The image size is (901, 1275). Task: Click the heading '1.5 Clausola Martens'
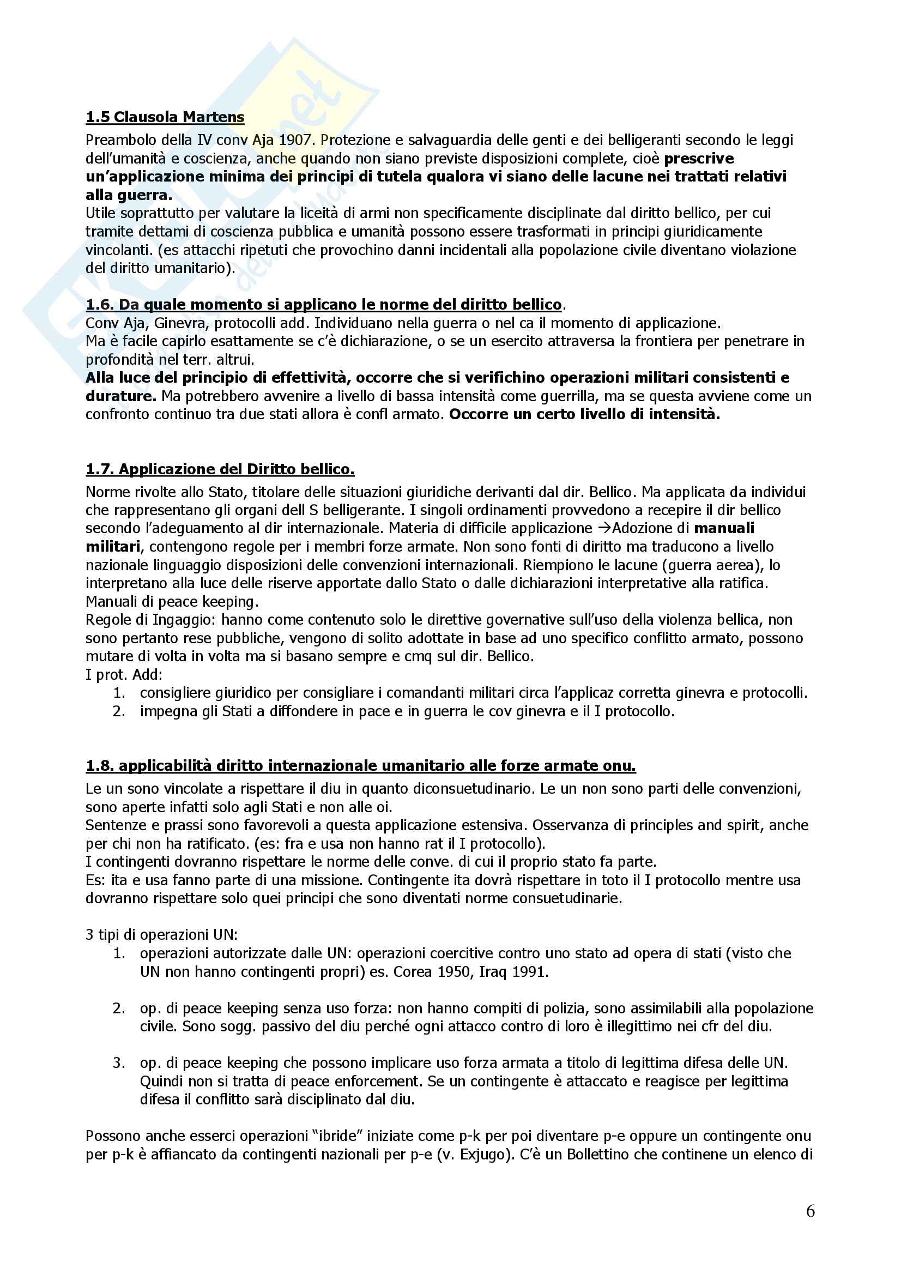[165, 117]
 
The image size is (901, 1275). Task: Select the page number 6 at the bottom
[810, 1211]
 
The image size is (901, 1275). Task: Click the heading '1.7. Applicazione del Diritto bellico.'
[220, 469]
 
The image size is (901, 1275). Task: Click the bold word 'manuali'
[724, 528]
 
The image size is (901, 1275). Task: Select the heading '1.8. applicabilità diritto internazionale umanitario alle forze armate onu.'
[360, 766]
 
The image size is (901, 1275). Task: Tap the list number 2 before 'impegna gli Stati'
[119, 711]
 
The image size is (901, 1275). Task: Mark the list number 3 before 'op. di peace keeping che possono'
[119, 1063]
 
